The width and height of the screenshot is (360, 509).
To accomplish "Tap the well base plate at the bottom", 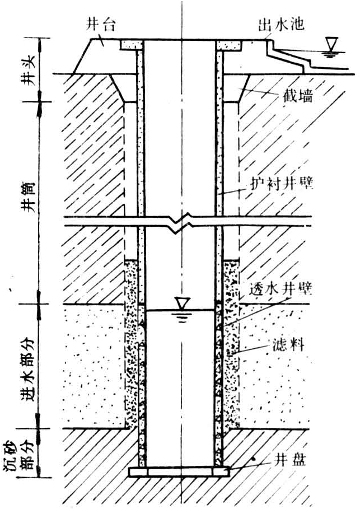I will click(180, 472).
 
